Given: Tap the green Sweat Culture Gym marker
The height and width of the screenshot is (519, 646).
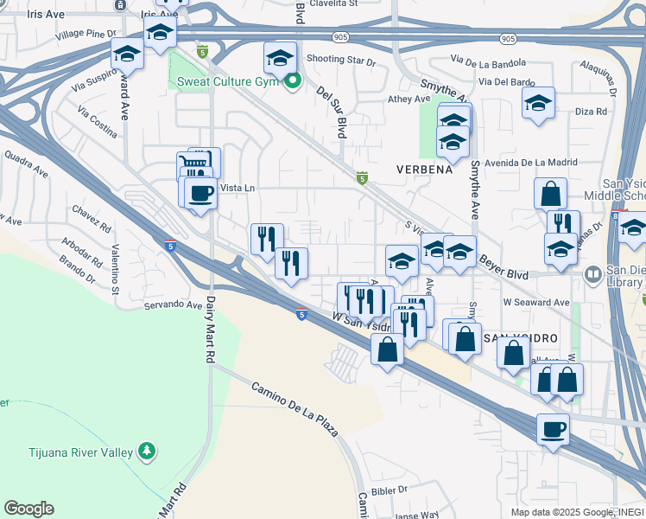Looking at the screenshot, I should tap(293, 82).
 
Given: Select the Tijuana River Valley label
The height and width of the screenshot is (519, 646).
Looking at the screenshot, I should tap(66, 452).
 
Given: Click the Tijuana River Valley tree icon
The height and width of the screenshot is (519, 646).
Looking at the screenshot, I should tap(148, 451).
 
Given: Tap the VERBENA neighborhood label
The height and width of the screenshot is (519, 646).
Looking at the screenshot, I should tap(424, 170).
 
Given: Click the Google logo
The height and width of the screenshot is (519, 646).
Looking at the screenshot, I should tap(28, 509).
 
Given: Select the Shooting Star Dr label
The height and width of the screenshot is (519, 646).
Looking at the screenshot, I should tap(341, 62).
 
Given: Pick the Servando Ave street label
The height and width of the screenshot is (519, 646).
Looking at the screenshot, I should tap(173, 304).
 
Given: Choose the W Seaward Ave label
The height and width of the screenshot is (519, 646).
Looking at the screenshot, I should tap(536, 303).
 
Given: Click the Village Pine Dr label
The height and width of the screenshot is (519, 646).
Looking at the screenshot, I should tap(85, 34).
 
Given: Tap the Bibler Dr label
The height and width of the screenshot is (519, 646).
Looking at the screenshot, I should tap(389, 490).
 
